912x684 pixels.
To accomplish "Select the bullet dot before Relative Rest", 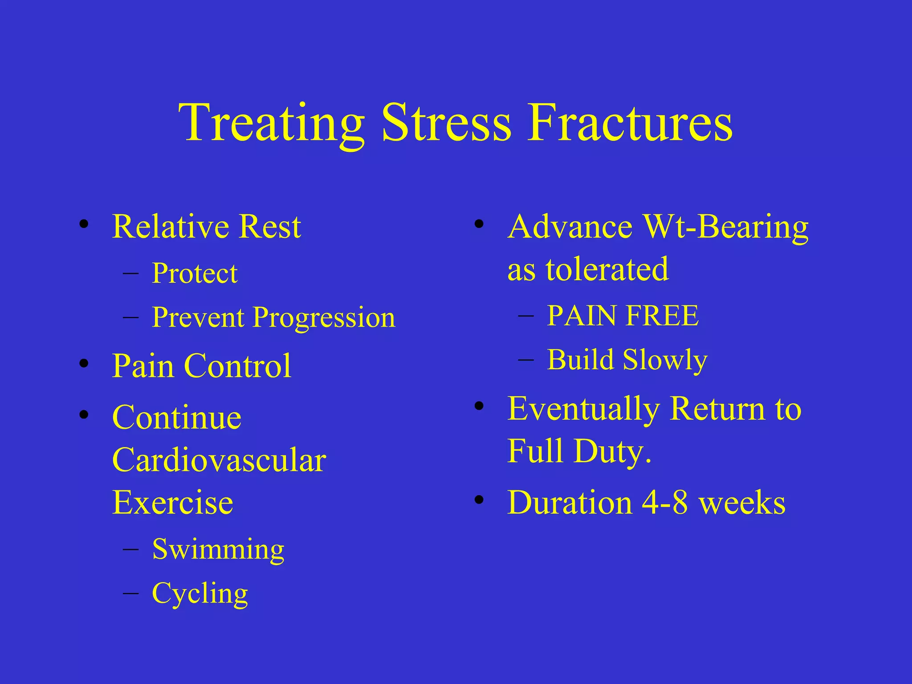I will point(84,224).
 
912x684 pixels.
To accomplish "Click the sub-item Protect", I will point(195,273).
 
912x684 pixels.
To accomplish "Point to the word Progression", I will point(324,318).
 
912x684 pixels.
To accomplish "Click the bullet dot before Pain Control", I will point(84,363).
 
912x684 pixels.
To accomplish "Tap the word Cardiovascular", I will point(219,460).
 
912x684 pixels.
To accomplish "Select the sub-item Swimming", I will point(218,550).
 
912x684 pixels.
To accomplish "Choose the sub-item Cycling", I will point(200,594).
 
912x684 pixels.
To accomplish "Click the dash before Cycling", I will point(130,594).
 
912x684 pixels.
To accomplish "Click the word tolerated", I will point(607,269).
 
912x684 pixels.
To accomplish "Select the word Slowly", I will point(665,360).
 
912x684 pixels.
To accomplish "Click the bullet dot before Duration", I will point(479,499).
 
